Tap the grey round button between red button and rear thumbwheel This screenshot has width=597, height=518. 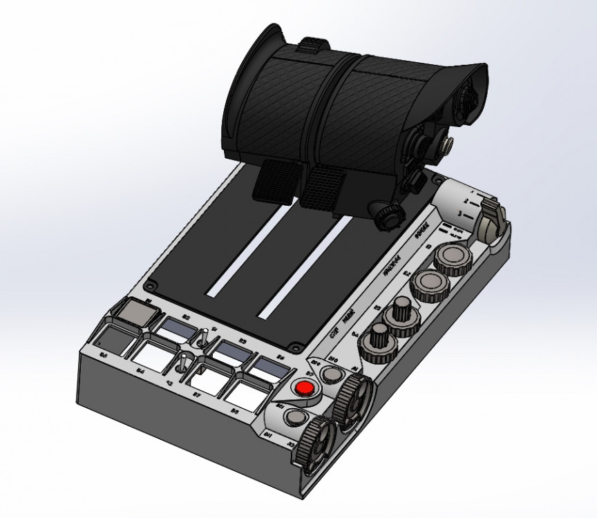[333, 374]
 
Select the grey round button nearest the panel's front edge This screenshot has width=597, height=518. [296, 417]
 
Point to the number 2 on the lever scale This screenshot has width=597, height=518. [467, 202]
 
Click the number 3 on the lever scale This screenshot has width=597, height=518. [468, 215]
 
